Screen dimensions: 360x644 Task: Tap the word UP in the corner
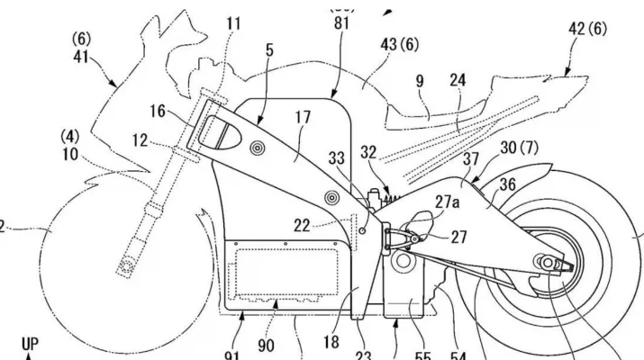coord(30,345)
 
